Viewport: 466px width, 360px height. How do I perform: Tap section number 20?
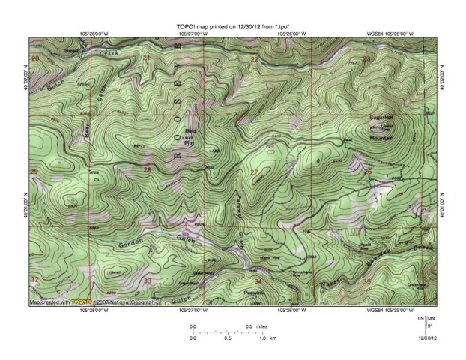[x=34, y=58]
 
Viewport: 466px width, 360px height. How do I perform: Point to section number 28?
[x=147, y=171]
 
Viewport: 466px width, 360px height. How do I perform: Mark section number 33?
[x=148, y=281]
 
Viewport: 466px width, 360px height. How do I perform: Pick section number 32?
[x=34, y=279]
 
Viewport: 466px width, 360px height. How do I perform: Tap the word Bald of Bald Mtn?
[x=169, y=129]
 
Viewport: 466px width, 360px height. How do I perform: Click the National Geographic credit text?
[x=133, y=302]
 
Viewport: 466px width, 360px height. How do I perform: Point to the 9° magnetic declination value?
[x=429, y=326]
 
